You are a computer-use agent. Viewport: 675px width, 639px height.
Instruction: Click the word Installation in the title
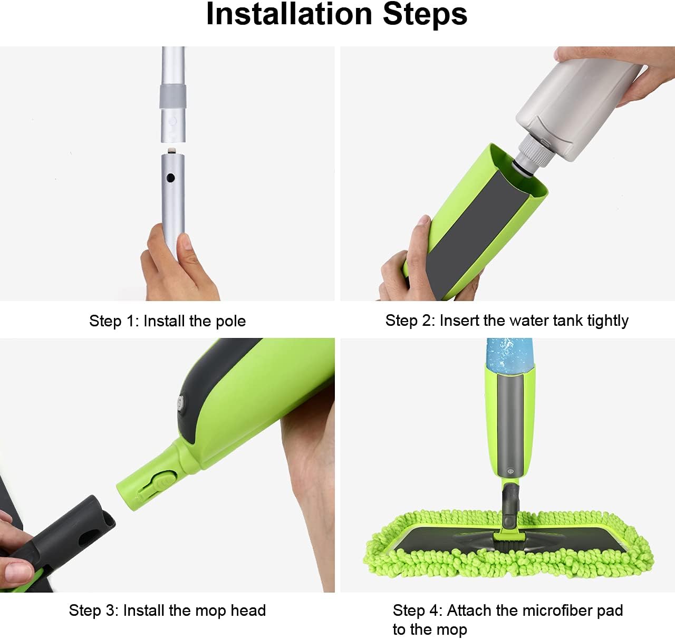(x=290, y=14)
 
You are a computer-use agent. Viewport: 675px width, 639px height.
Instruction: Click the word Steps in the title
(x=425, y=15)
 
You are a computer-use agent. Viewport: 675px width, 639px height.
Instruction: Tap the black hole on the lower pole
(x=171, y=178)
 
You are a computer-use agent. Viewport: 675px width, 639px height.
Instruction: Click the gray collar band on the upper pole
(x=173, y=97)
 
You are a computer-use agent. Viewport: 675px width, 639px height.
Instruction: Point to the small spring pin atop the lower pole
(x=171, y=150)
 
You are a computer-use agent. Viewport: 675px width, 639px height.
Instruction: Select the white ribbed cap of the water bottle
(x=536, y=150)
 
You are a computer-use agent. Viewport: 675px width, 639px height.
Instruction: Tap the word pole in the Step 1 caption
(x=230, y=322)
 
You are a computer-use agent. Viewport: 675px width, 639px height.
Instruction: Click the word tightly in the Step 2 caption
(x=607, y=321)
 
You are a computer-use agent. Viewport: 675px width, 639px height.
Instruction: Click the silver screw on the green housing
(x=180, y=401)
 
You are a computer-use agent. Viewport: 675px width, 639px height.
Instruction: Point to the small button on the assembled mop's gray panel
(x=510, y=471)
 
